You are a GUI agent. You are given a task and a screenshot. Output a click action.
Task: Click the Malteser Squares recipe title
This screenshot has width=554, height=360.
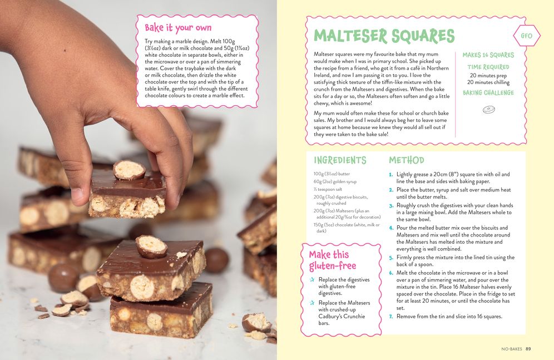click(384, 36)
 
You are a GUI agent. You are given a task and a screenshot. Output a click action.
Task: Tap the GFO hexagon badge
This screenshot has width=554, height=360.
click(526, 36)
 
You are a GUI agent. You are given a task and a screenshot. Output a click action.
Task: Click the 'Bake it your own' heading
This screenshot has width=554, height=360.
click(178, 28)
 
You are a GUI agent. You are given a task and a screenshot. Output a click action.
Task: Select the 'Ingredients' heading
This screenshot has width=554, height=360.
click(340, 160)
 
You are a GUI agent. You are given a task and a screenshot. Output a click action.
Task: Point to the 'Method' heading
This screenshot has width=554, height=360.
click(406, 160)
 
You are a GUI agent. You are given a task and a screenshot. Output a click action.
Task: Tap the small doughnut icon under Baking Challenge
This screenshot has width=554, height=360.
click(488, 110)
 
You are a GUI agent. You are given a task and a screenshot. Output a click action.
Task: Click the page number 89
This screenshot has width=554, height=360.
click(528, 349)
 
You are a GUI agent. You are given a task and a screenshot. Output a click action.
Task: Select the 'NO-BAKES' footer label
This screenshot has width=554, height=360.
click(512, 349)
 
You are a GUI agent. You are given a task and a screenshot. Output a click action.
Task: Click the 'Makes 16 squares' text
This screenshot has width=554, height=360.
click(488, 55)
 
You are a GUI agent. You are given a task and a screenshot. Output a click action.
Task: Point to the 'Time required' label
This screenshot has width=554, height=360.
click(488, 67)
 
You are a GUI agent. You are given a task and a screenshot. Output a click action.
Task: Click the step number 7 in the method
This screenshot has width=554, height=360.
click(391, 317)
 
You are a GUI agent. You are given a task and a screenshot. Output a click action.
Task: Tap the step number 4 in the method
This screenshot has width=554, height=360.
click(391, 228)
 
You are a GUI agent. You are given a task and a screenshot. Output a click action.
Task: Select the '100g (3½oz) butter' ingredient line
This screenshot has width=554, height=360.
click(332, 174)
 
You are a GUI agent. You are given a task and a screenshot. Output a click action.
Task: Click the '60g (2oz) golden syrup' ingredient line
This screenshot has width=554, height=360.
click(335, 181)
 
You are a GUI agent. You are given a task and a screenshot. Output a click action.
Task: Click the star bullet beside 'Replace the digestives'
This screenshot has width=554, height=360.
click(312, 280)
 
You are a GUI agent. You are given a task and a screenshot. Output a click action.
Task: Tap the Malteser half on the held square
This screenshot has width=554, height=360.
click(129, 170)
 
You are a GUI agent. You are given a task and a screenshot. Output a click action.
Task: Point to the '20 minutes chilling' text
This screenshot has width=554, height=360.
click(488, 82)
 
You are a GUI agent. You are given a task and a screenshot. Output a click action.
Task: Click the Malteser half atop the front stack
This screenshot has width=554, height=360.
click(151, 246)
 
